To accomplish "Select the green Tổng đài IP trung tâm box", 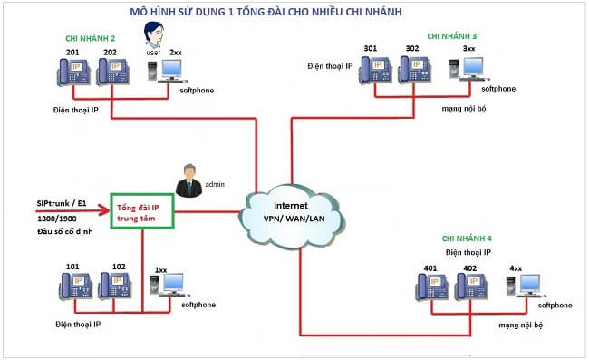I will click(x=141, y=212).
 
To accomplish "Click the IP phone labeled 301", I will click(x=373, y=69).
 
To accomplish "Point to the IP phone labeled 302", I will click(x=413, y=69).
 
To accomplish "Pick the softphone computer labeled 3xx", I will click(x=469, y=69).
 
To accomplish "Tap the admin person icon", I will click(x=189, y=180).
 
